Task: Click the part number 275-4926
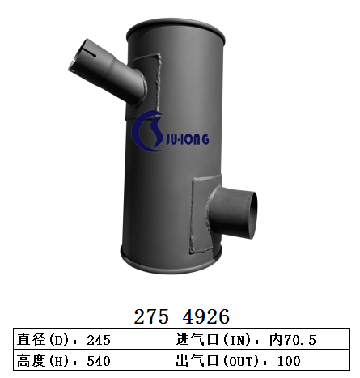[x=180, y=315]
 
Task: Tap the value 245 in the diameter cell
[x=98, y=339]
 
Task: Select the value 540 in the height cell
[x=98, y=360]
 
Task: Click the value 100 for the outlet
[x=289, y=360]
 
